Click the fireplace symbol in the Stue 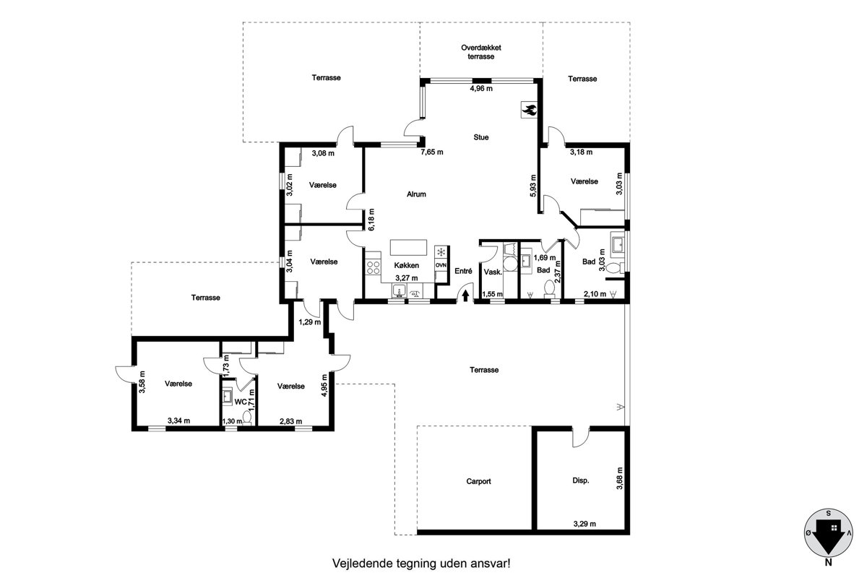tap(529, 110)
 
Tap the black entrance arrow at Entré tap(465, 296)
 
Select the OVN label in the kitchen tap(441, 265)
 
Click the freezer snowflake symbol tap(441, 252)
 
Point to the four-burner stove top tap(373, 267)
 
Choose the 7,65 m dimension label tap(432, 152)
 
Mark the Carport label tap(478, 481)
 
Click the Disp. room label tap(581, 480)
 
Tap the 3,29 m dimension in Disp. tap(585, 524)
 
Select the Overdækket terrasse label tap(480, 52)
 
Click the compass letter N tap(828, 563)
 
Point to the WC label tap(241, 402)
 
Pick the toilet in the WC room tap(247, 418)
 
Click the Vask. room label tap(493, 272)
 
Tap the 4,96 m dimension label tap(481, 88)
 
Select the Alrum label tap(416, 194)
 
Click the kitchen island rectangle tap(408, 247)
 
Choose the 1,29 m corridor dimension tap(310, 322)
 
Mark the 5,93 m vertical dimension tap(533, 186)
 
